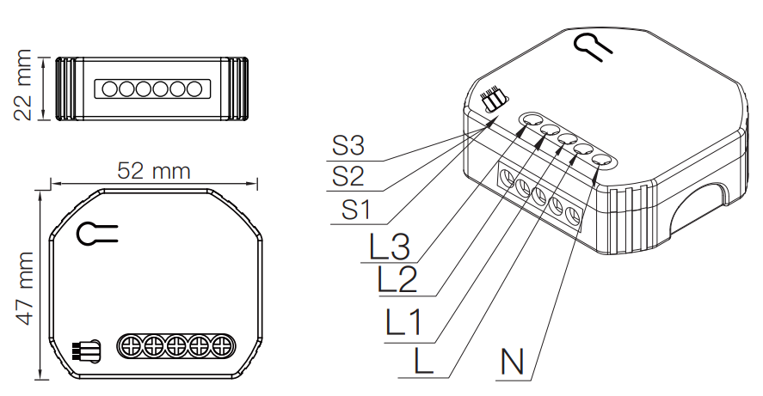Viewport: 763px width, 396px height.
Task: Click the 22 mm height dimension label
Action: point(25,87)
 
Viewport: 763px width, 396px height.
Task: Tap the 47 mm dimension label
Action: point(26,288)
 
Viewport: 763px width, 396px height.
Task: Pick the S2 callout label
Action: point(348,178)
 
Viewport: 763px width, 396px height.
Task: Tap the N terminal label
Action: point(511,362)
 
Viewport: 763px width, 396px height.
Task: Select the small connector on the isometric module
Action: point(492,101)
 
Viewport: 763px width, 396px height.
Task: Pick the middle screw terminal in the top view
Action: point(177,346)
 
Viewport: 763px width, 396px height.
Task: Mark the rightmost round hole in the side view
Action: point(194,88)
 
